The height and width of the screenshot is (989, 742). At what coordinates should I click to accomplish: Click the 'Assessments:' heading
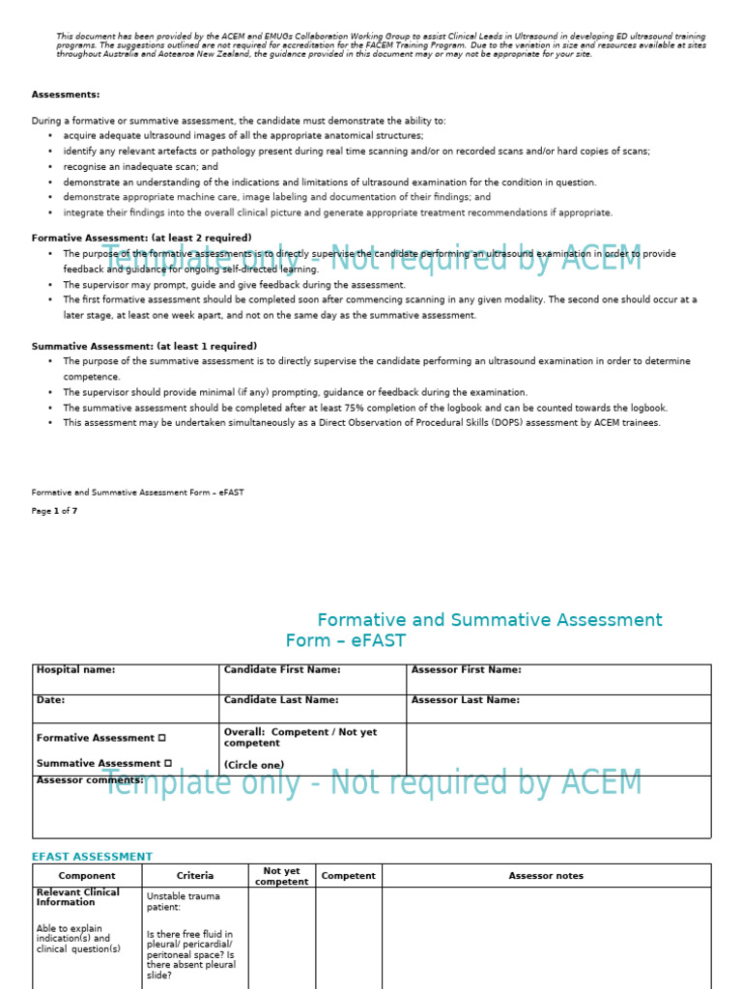pyautogui.click(x=66, y=95)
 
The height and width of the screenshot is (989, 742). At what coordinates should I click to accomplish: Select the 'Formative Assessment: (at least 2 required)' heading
pyautogui.click(x=141, y=238)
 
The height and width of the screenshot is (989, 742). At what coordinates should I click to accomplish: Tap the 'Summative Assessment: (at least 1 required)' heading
pyautogui.click(x=144, y=346)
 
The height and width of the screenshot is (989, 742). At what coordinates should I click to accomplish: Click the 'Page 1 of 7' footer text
pyautogui.click(x=54, y=511)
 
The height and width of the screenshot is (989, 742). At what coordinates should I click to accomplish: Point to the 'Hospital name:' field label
pyautogui.click(x=75, y=669)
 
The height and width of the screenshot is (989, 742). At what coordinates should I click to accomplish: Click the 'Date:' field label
pyautogui.click(x=50, y=700)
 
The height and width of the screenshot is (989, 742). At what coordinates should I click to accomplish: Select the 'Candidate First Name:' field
pyautogui.click(x=282, y=669)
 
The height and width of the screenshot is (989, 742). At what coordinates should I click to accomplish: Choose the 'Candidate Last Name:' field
pyautogui.click(x=281, y=700)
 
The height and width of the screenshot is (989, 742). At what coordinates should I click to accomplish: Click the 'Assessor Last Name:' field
pyautogui.click(x=465, y=700)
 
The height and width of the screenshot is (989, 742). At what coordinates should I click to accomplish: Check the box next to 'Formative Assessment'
pyautogui.click(x=162, y=738)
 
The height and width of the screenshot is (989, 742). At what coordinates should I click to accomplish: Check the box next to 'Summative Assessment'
pyautogui.click(x=167, y=763)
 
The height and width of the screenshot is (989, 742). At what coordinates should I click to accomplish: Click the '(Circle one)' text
pyautogui.click(x=254, y=764)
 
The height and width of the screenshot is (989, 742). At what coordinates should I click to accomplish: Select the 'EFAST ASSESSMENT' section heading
pyautogui.click(x=92, y=857)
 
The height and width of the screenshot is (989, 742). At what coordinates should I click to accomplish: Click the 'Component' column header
pyautogui.click(x=87, y=876)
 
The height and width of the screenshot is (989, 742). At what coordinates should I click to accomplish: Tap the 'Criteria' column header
pyautogui.click(x=195, y=876)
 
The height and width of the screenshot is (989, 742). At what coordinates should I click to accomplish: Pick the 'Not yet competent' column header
pyautogui.click(x=282, y=876)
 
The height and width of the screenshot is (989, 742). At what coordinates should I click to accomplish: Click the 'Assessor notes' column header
pyautogui.click(x=546, y=876)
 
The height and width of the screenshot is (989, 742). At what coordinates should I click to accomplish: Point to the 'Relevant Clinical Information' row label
pyautogui.click(x=77, y=897)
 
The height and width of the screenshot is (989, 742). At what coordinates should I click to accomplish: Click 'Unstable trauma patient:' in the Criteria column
pyautogui.click(x=182, y=902)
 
